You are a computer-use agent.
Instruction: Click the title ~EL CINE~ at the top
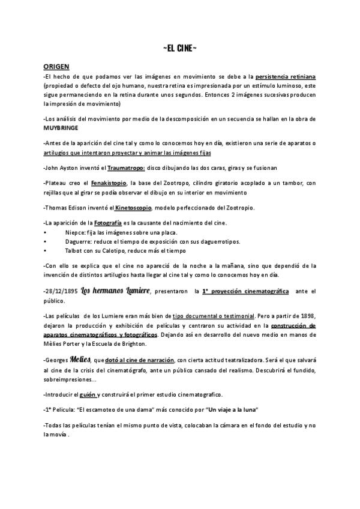[x=179, y=48]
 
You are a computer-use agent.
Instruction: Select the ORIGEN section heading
[x=56, y=67]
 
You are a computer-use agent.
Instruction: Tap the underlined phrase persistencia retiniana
[x=286, y=77]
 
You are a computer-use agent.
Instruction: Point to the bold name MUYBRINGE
[x=61, y=128]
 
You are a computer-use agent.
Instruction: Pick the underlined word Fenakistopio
[x=109, y=182]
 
